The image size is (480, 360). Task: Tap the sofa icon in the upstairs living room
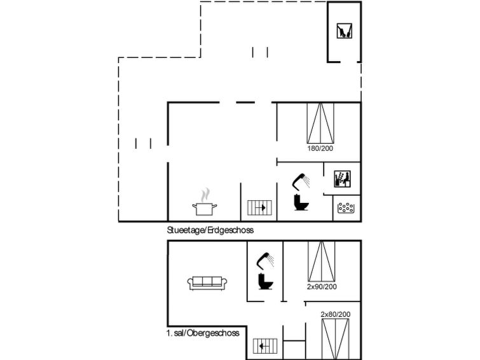(207, 283)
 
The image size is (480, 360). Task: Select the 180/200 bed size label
(320, 148)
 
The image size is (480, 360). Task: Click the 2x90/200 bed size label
(322, 287)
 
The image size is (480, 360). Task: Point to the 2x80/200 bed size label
(336, 314)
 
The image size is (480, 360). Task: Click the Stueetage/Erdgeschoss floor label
(210, 230)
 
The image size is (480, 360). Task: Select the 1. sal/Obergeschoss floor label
(203, 333)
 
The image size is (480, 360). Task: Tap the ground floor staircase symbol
(259, 208)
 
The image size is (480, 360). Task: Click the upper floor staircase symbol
(265, 346)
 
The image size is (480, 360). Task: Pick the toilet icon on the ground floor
(301, 202)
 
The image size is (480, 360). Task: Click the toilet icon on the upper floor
(266, 281)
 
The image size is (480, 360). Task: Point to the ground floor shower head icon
(301, 182)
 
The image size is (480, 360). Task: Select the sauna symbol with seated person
(342, 179)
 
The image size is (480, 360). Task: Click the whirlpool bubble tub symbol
(346, 208)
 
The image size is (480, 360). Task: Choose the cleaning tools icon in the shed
(345, 31)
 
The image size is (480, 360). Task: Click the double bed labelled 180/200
(320, 123)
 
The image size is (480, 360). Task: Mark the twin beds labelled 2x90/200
(322, 261)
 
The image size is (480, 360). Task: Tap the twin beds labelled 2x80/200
(336, 339)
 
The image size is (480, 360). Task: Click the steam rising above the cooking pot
(205, 195)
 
